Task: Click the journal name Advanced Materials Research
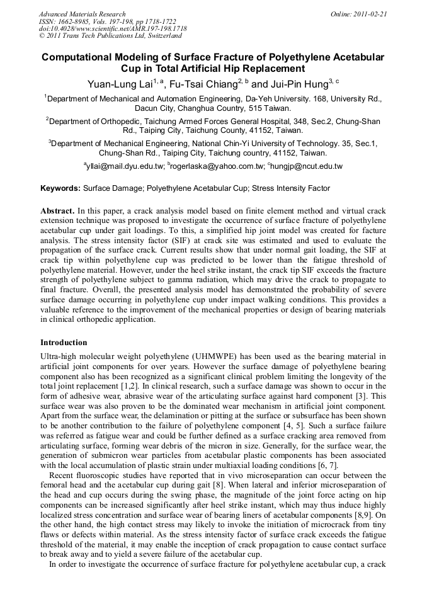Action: pos(82,14)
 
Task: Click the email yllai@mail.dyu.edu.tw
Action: pos(125,166)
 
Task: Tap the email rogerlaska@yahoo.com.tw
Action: pos(216,166)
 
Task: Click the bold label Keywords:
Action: pos(60,188)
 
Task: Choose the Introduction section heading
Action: pos(64,343)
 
